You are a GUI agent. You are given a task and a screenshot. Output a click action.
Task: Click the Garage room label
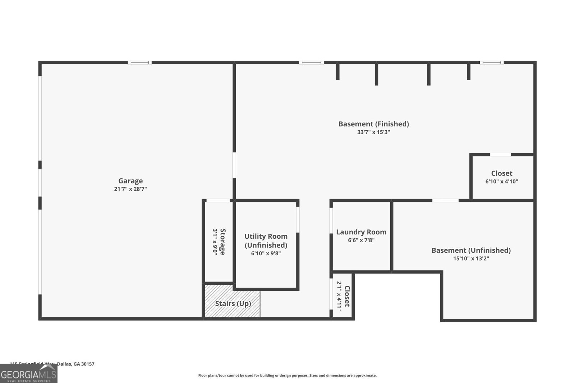point(130,181)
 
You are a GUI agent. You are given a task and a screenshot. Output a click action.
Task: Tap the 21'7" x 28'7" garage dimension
point(130,189)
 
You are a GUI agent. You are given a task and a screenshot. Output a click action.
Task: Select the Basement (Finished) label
point(373,124)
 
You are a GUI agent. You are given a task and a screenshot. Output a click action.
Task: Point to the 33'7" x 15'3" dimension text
point(373,132)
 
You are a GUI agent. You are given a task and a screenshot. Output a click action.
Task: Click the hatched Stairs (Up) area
point(233,303)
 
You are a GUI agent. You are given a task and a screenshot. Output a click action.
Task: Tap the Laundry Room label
point(361,232)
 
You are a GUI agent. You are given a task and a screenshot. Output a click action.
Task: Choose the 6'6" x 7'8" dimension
point(361,240)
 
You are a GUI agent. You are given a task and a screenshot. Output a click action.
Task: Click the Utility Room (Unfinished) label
point(266,240)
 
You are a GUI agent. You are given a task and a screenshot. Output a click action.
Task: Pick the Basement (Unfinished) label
point(471,250)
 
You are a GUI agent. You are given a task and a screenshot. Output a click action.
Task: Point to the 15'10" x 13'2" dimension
point(471,258)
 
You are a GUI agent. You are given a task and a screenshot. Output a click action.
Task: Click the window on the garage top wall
point(140,62)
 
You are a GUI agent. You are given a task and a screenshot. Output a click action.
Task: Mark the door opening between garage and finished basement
point(234,165)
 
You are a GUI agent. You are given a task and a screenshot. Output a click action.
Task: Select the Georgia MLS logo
point(28,374)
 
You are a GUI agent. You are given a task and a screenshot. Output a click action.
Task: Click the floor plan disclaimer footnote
point(287,375)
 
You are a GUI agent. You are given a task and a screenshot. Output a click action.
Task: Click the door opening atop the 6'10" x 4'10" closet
point(501,155)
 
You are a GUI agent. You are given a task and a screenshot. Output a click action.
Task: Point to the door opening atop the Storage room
point(218,200)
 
